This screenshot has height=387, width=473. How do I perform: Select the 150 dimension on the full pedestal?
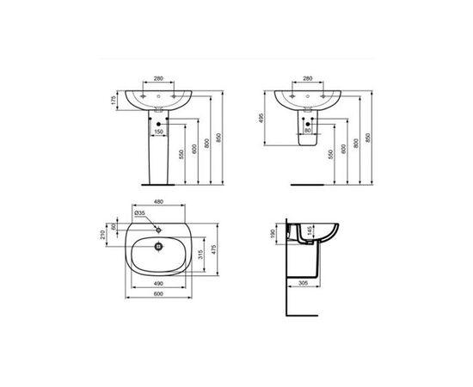[158, 132]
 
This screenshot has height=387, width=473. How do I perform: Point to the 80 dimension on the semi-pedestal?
[307, 132]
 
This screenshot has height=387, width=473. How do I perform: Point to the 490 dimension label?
[158, 281]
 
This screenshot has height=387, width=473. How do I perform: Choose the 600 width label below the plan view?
[158, 292]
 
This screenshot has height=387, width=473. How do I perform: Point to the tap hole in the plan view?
[158, 230]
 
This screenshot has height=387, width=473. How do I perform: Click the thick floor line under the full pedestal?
[158, 183]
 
